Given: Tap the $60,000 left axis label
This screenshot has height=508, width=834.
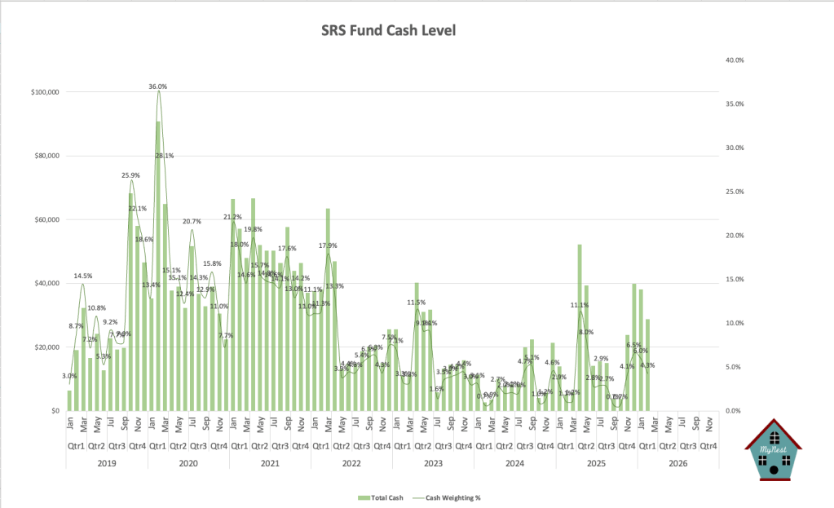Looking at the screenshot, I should (x=44, y=220).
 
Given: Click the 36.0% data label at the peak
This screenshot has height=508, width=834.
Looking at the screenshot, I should (x=157, y=86).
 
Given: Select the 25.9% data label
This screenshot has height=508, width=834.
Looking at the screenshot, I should (x=130, y=175).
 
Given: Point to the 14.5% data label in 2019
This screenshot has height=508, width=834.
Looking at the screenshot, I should (x=82, y=276).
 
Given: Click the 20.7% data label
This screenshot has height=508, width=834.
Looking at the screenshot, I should (x=192, y=221).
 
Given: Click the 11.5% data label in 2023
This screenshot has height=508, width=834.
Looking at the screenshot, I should (x=417, y=303).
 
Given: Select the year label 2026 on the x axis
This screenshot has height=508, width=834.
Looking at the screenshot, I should (x=677, y=463).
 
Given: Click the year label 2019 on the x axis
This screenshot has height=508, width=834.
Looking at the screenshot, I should (x=107, y=463).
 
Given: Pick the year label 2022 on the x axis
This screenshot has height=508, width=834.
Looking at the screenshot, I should (x=351, y=463).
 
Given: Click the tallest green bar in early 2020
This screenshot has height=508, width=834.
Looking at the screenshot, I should (x=158, y=266).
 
